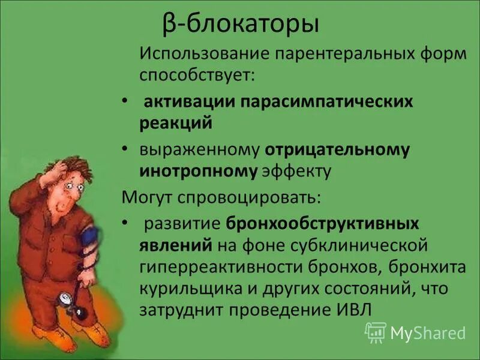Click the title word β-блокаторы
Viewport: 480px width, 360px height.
240,25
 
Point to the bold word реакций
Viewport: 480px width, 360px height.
176,122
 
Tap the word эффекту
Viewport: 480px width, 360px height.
297,171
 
